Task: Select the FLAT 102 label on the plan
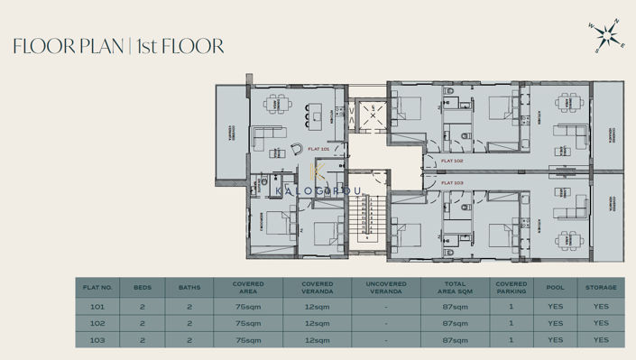point(452,161)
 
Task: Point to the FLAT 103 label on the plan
point(452,182)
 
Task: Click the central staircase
point(368,216)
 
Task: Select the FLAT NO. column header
point(97,287)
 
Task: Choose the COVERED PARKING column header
point(511,287)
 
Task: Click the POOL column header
point(555,287)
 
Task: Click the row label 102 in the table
point(97,323)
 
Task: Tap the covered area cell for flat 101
point(247,307)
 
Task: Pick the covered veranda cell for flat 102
point(317,323)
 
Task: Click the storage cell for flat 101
point(601,307)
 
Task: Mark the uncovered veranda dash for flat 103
point(386,340)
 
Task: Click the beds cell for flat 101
point(143,307)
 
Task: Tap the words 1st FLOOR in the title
point(181,46)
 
